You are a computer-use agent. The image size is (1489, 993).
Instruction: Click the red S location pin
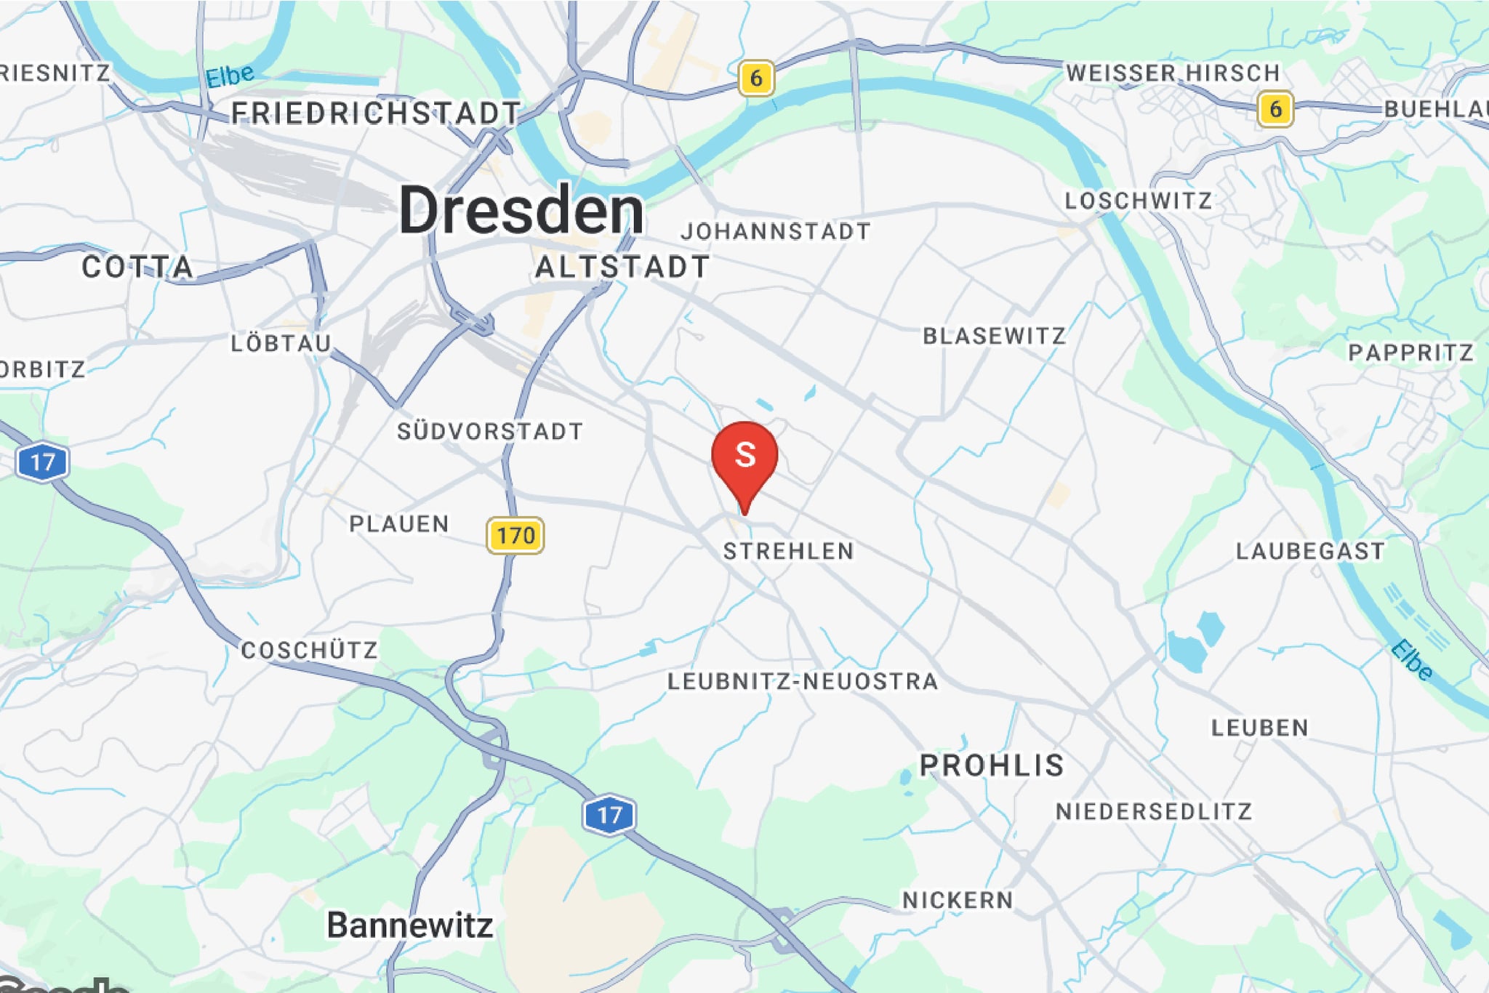744,456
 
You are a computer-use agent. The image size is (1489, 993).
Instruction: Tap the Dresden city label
521,210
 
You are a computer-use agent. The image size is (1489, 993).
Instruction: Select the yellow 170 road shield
515,536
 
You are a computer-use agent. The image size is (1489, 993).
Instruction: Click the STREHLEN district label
788,551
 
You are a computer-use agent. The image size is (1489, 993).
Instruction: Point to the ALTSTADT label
622,267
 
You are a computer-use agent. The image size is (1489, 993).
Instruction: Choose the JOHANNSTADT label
776,231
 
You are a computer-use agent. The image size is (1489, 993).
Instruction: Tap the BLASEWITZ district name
994,336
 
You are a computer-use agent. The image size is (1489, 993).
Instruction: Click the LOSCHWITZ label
1138,201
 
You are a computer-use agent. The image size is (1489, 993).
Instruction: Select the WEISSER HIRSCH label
1172,73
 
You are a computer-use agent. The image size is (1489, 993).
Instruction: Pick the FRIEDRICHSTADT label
376,113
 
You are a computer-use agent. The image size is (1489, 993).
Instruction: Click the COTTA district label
137,267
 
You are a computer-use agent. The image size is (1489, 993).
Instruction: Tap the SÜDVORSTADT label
489,431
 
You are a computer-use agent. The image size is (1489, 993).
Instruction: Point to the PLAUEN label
399,523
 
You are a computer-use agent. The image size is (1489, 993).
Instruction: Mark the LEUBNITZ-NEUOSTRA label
803,681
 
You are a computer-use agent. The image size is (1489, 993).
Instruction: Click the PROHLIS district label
992,765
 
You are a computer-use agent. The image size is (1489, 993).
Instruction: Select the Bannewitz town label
410,925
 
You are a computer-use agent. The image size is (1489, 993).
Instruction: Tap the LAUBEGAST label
1310,551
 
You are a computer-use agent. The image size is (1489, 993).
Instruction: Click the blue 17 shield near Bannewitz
609,814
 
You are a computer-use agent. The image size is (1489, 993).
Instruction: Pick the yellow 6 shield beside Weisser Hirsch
1275,109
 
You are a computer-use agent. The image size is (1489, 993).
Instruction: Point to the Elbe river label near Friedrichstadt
230,76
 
